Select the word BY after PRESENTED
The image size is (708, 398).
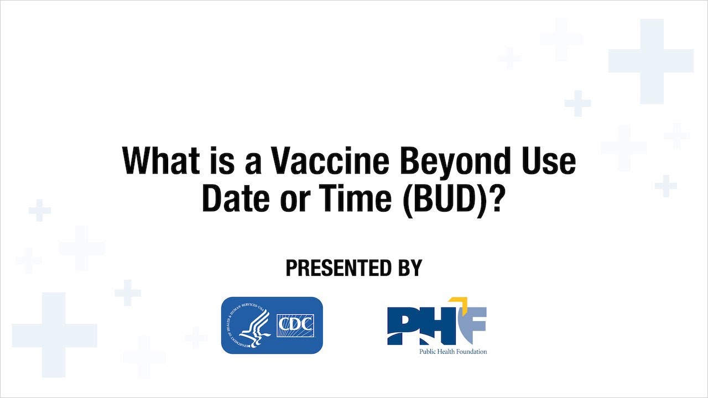(407, 268)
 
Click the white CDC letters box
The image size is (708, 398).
(294, 325)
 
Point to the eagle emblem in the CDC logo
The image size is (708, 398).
(252, 326)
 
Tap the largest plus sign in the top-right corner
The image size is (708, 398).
(651, 61)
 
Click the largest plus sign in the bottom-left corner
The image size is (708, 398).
(54, 334)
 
